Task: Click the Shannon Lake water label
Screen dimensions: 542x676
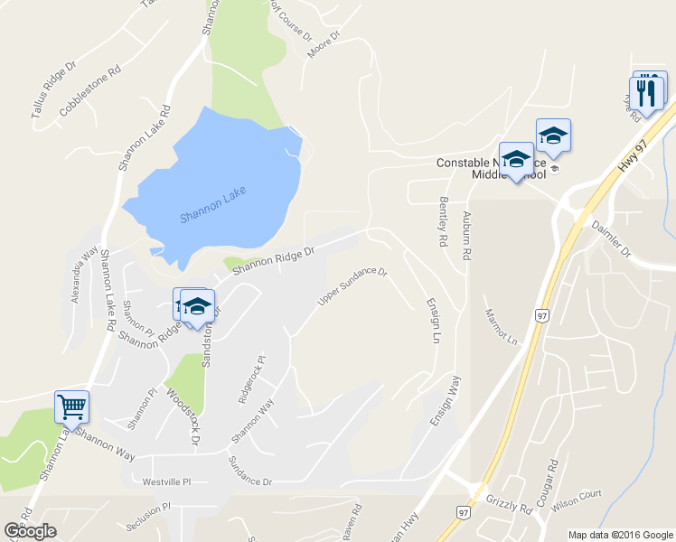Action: (212, 204)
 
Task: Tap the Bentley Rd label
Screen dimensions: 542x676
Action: (444, 222)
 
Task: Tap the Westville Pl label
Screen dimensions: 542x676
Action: (166, 482)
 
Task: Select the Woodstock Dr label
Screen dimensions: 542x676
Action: (182, 415)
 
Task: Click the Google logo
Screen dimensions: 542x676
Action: (30, 531)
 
